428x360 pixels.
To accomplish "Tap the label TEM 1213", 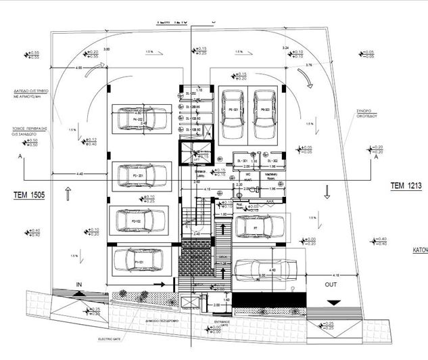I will (x=405, y=185).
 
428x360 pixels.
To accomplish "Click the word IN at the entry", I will (x=79, y=284).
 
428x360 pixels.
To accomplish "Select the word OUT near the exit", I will (x=331, y=285).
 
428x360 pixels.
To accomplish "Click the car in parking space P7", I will (x=260, y=227).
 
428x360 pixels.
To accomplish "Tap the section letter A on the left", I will (x=22, y=156).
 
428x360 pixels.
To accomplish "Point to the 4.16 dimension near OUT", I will (x=336, y=275).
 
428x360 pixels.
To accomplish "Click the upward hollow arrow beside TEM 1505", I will (x=68, y=194).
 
